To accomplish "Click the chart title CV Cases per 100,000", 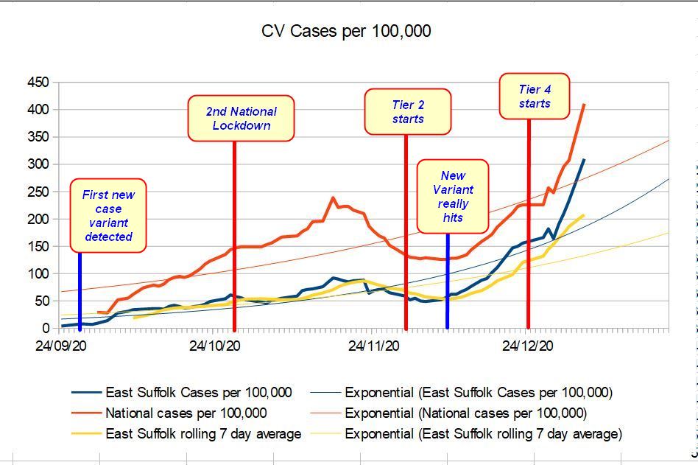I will (346, 31).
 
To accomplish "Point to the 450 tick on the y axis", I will (38, 83).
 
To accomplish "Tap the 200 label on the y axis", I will (38, 219).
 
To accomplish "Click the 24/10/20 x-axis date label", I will (218, 343).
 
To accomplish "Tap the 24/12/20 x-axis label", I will (529, 343).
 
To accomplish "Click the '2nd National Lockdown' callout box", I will (241, 118).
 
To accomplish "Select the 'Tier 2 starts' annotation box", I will (407, 111).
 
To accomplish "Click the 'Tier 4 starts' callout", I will (535, 96).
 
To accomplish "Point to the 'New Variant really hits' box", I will (453, 196).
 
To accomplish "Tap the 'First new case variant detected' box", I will (107, 215).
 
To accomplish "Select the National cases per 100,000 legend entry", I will (186, 413).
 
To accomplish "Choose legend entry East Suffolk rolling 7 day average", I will (203, 433).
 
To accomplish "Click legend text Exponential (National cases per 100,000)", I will (465, 413).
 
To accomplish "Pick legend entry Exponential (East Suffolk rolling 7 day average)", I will (483, 433).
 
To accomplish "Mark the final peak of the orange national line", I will (584, 105).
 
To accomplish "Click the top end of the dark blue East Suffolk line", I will (584, 159).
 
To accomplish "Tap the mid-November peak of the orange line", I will (334, 197).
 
